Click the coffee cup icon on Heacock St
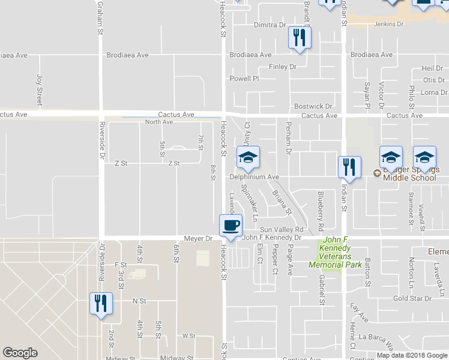click(x=231, y=226)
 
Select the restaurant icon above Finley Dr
click(x=299, y=38)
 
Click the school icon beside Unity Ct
click(x=247, y=158)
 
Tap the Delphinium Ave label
click(x=255, y=178)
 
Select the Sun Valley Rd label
click(x=282, y=230)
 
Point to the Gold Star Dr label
click(x=412, y=298)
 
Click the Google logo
click(x=20, y=353)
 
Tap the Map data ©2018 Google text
click(x=412, y=356)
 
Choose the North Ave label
click(x=159, y=122)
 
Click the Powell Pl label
click(x=244, y=79)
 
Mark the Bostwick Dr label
click(x=313, y=107)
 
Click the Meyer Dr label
click(x=199, y=238)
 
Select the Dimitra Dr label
click(x=270, y=25)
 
